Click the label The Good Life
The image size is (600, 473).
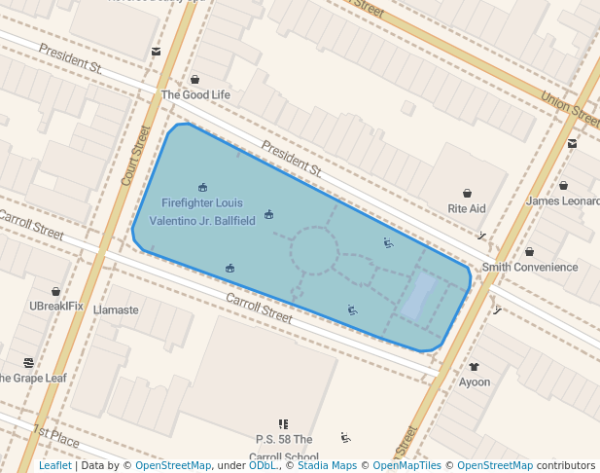click(x=195, y=95)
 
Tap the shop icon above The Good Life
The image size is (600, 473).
click(x=195, y=79)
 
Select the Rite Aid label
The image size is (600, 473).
click(x=467, y=209)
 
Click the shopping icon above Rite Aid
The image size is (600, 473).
click(x=467, y=193)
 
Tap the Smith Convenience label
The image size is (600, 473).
click(x=530, y=268)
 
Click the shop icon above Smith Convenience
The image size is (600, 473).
click(x=529, y=251)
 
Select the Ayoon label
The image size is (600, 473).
click(x=475, y=382)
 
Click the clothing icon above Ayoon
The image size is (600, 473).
click(x=474, y=367)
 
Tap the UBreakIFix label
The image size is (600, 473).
click(x=56, y=307)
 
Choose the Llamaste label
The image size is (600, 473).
click(x=116, y=310)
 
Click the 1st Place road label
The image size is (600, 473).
click(x=55, y=435)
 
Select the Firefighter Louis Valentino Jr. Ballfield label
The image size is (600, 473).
click(x=208, y=211)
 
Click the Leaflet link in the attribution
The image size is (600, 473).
click(x=54, y=466)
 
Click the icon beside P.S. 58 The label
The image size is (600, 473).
click(x=283, y=424)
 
